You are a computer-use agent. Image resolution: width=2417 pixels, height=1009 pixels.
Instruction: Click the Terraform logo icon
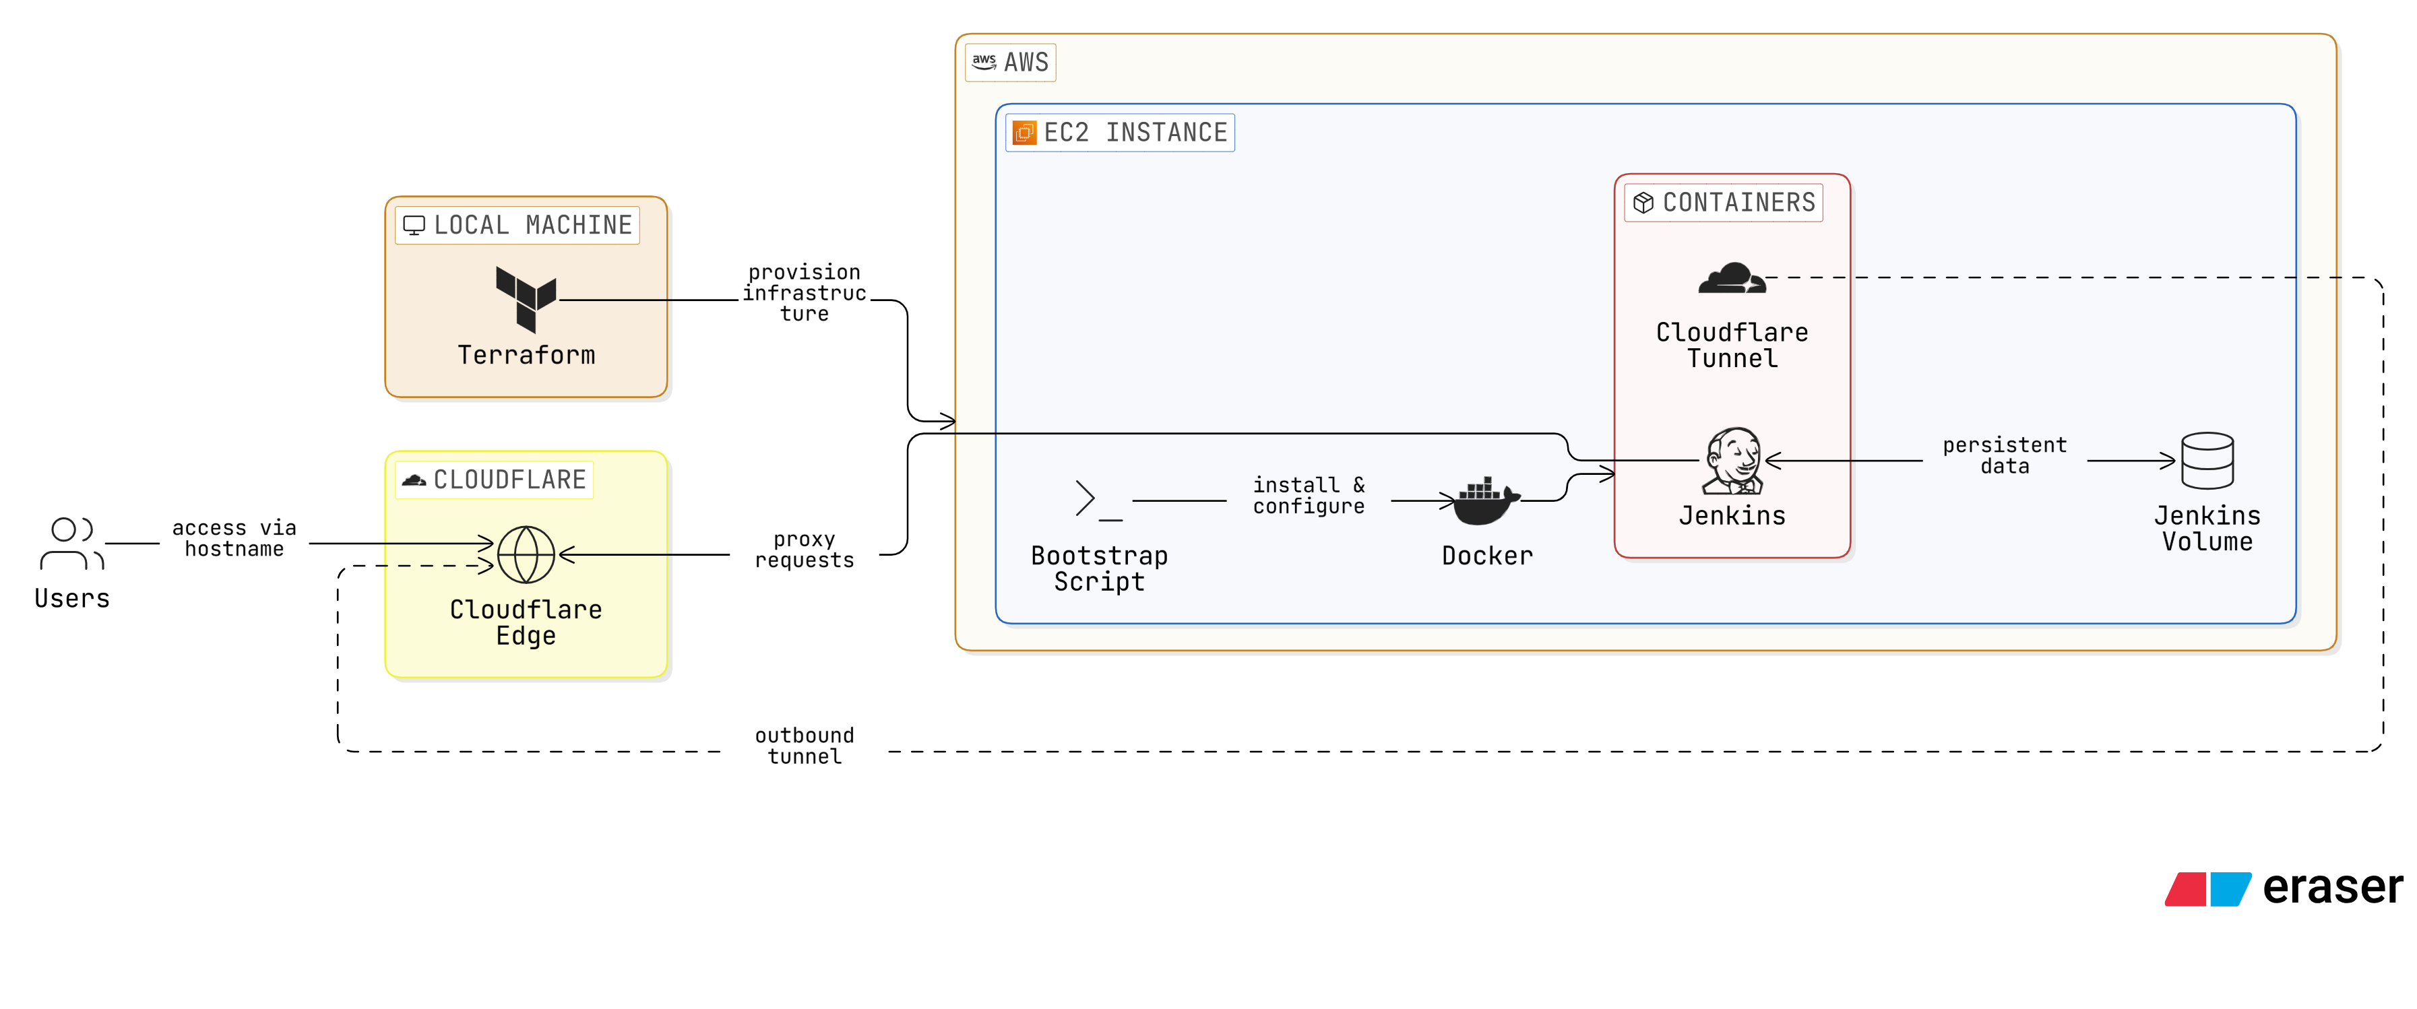[x=526, y=299]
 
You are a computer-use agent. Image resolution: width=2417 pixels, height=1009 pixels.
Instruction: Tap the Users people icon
[x=71, y=543]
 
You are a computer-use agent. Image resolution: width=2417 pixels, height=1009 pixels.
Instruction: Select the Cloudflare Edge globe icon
[x=526, y=554]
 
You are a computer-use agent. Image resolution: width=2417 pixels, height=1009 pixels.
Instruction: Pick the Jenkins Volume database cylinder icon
[x=2207, y=461]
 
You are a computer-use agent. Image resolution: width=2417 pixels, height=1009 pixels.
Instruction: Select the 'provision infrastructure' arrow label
[x=804, y=292]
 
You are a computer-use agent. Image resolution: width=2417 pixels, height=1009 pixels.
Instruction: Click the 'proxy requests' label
[x=804, y=550]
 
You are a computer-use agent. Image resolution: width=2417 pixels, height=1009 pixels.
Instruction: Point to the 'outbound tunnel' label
[x=804, y=746]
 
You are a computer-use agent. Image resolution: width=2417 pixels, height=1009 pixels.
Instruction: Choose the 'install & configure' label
[x=1308, y=495]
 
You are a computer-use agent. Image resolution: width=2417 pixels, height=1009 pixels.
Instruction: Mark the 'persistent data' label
[x=2004, y=455]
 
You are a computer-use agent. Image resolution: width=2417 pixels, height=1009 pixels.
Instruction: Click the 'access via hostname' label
[x=234, y=538]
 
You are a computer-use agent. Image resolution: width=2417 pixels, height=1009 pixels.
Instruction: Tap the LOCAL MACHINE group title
[x=532, y=225]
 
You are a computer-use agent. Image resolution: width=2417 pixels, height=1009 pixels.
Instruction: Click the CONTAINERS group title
[x=1738, y=203]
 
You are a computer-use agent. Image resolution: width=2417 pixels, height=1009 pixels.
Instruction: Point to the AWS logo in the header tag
[x=983, y=62]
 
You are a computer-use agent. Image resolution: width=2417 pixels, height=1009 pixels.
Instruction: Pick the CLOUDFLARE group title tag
[x=509, y=480]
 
